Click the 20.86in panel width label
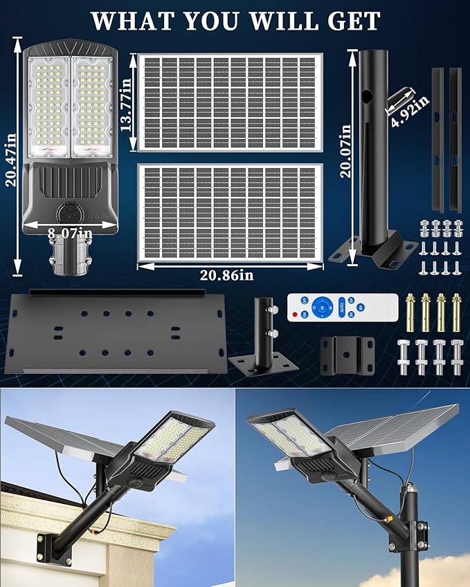click(228, 274)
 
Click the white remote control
click(343, 306)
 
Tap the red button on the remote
click(296, 315)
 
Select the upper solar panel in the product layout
click(230, 102)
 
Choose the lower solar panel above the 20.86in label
click(230, 212)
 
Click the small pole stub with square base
click(263, 339)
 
